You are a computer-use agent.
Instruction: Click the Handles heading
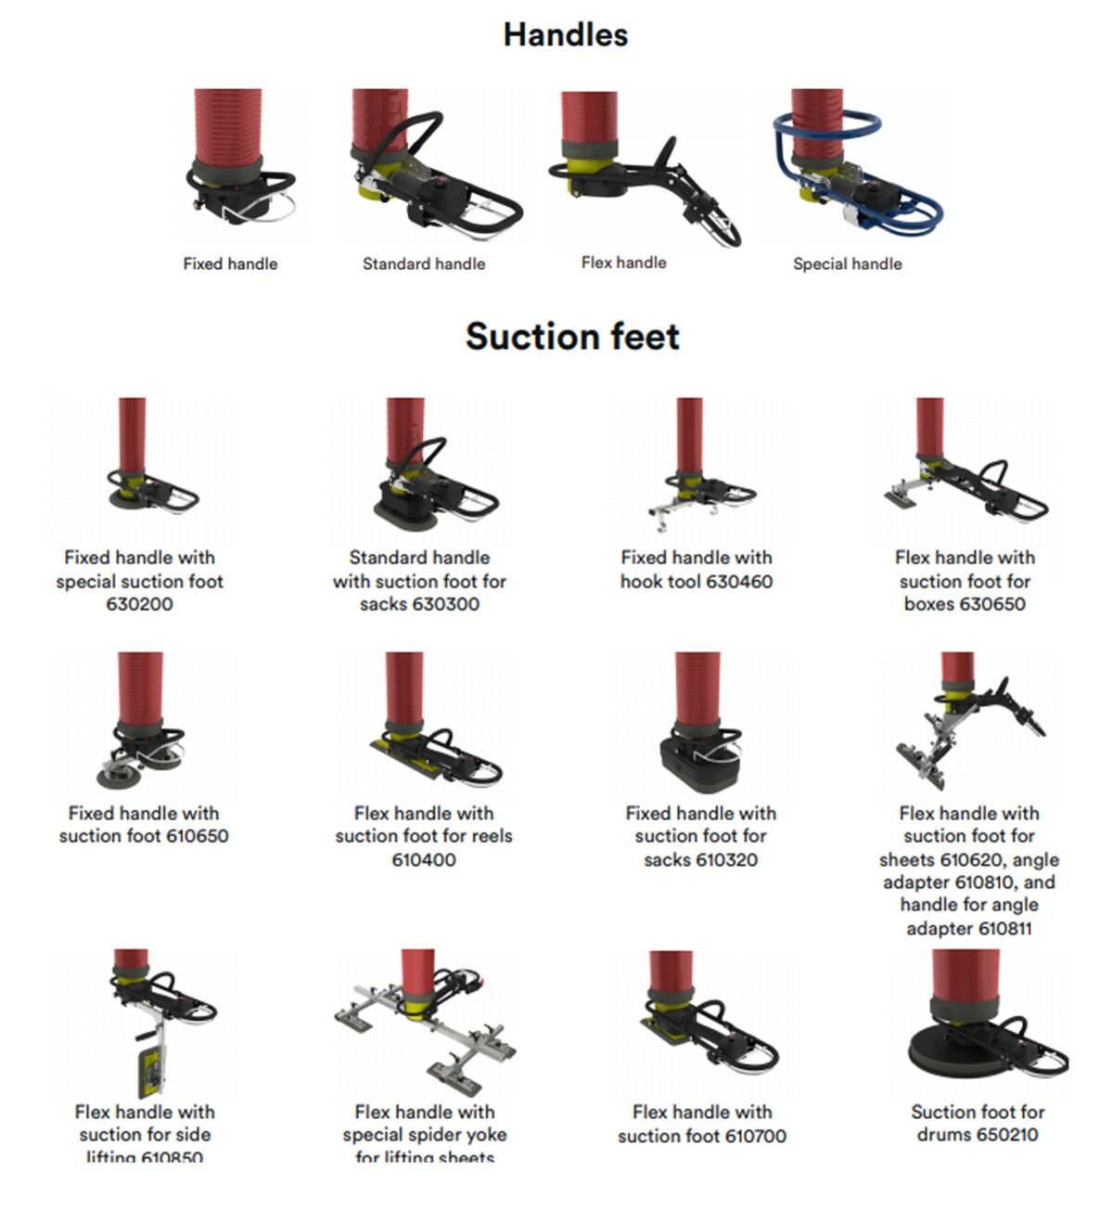coord(565,35)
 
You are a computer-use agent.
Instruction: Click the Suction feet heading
coord(572,336)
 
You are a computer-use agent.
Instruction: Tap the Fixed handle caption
coord(230,264)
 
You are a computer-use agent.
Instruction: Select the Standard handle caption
coord(424,264)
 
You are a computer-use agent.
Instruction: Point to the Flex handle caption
coord(623,263)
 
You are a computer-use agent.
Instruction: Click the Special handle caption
coord(847,264)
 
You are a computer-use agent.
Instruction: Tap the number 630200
coord(139,604)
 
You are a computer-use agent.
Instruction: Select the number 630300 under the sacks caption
coord(419,604)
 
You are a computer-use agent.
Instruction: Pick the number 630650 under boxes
coord(965,604)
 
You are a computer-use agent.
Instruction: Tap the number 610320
coord(700,859)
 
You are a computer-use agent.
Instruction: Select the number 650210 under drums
coord(978,1134)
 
